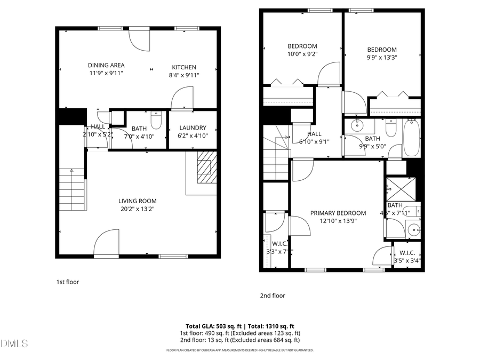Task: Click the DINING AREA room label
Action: point(106,66)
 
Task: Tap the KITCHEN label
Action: point(184,67)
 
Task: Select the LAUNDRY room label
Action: point(193,128)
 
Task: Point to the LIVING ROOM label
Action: point(138,201)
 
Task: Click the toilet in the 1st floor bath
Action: point(156,121)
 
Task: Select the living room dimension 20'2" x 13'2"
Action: point(138,209)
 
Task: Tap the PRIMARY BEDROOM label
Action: point(338,213)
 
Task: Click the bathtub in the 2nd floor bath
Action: point(411,138)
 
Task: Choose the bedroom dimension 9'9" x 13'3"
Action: point(381,58)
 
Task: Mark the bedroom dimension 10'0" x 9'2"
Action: point(302,54)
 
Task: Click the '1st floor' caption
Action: point(68,282)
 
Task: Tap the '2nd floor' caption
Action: point(272,295)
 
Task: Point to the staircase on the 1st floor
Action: point(72,189)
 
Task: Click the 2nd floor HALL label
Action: point(314,134)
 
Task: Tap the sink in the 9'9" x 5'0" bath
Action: point(356,127)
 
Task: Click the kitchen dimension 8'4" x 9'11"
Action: point(184,75)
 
